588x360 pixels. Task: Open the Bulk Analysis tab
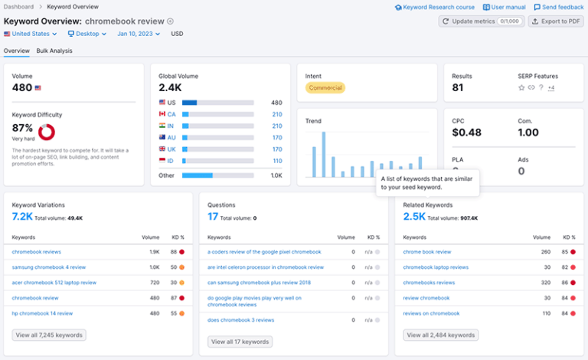click(x=54, y=51)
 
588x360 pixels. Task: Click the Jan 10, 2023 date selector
click(x=139, y=34)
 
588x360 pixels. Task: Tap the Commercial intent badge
click(x=325, y=88)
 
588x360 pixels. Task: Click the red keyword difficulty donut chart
click(x=47, y=132)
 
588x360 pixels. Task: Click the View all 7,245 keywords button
click(x=49, y=335)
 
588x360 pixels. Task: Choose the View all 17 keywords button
click(x=240, y=342)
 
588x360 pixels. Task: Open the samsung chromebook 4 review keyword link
click(x=49, y=267)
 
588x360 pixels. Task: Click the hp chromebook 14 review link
click(x=42, y=313)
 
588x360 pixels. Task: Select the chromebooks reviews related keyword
click(x=429, y=282)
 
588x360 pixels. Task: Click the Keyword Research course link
click(x=435, y=7)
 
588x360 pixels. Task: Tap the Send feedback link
click(x=558, y=7)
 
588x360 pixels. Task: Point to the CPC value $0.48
click(x=466, y=133)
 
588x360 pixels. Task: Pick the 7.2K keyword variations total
click(x=22, y=217)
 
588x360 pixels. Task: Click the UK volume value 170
click(x=276, y=149)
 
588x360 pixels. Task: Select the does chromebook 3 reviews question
click(x=240, y=319)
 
